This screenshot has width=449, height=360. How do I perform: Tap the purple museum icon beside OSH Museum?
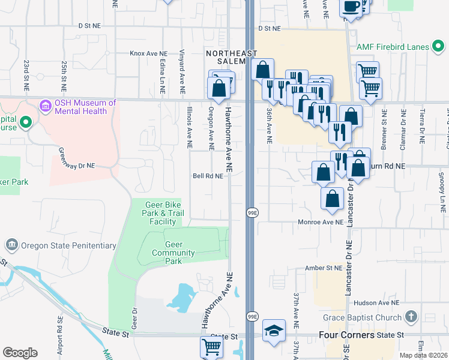click(45, 107)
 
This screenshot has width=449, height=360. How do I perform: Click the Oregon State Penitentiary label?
click(68, 245)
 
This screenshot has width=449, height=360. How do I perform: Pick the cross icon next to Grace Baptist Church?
click(411, 316)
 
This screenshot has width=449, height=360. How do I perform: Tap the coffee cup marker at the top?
click(351, 7)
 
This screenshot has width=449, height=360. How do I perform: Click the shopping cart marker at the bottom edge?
click(211, 347)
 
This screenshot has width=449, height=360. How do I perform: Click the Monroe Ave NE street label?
click(321, 222)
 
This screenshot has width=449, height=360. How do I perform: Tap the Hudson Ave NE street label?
click(377, 304)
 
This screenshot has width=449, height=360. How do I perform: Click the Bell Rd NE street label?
click(208, 176)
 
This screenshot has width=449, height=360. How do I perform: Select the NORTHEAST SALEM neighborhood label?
click(226, 57)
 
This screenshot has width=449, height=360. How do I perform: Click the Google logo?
click(20, 353)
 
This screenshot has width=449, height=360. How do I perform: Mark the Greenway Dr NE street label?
click(77, 158)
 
